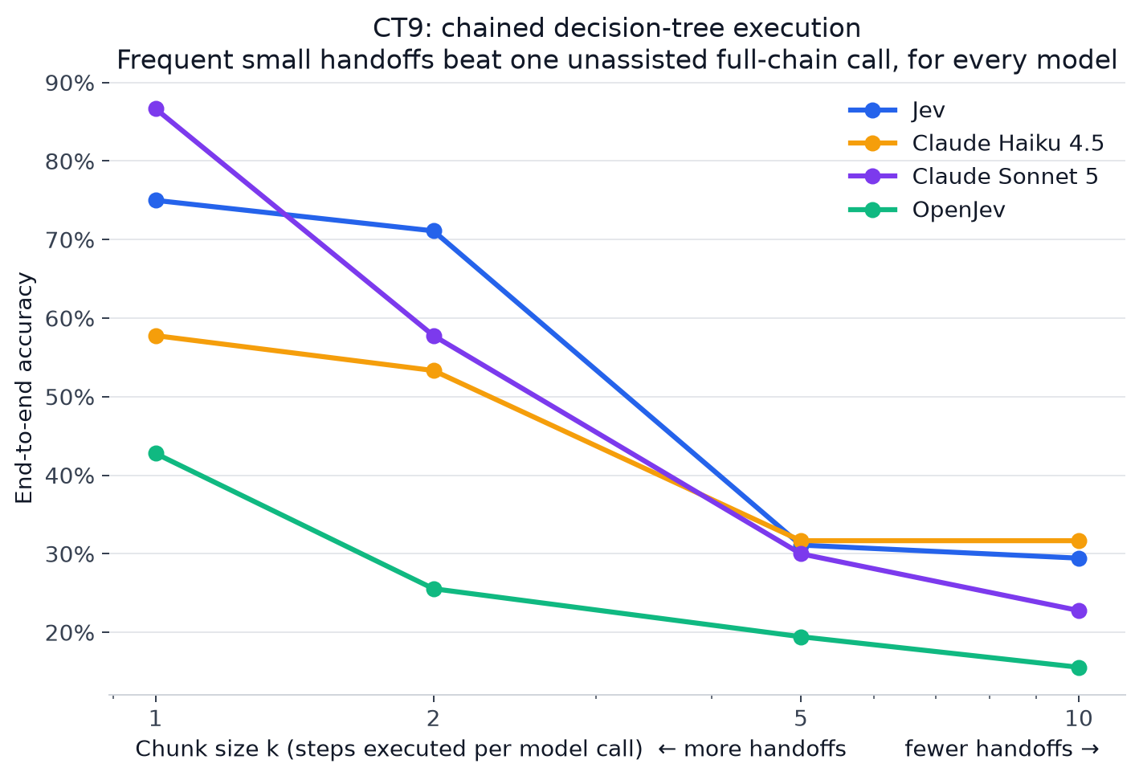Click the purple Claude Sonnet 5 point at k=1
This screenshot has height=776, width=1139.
156,108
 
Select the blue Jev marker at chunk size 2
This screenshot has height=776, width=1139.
434,231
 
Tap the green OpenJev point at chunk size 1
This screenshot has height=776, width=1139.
156,453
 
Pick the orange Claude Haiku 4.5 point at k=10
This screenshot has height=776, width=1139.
1079,541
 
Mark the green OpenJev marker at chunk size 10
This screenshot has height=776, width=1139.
1079,668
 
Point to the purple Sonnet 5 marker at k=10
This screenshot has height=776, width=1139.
1079,611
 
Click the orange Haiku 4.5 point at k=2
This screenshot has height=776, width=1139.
434,370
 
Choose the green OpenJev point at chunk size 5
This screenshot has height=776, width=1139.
801,637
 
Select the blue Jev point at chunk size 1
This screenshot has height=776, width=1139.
156,200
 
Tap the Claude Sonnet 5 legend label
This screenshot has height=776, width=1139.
1005,177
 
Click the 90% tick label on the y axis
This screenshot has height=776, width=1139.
70,84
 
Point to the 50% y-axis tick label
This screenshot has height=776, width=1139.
70,397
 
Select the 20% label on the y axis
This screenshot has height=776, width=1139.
70,633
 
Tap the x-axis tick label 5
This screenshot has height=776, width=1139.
801,718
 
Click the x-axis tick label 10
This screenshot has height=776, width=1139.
1079,718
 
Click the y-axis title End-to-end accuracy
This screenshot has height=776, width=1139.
24,389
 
